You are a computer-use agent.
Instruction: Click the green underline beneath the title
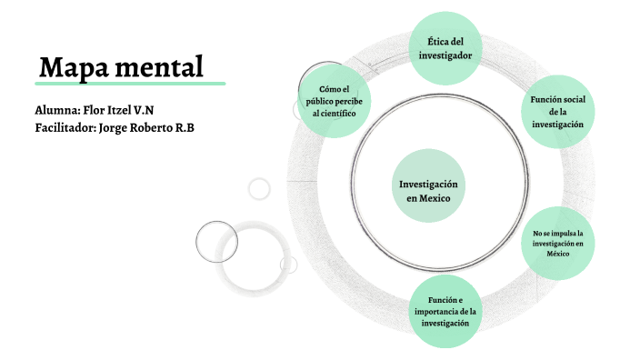[132, 84]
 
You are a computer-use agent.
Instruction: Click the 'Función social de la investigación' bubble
[557, 110]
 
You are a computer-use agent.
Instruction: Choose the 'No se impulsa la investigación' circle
[557, 243]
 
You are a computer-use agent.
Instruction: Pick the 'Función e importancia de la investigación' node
[445, 312]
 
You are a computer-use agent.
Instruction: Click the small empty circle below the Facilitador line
[259, 188]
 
